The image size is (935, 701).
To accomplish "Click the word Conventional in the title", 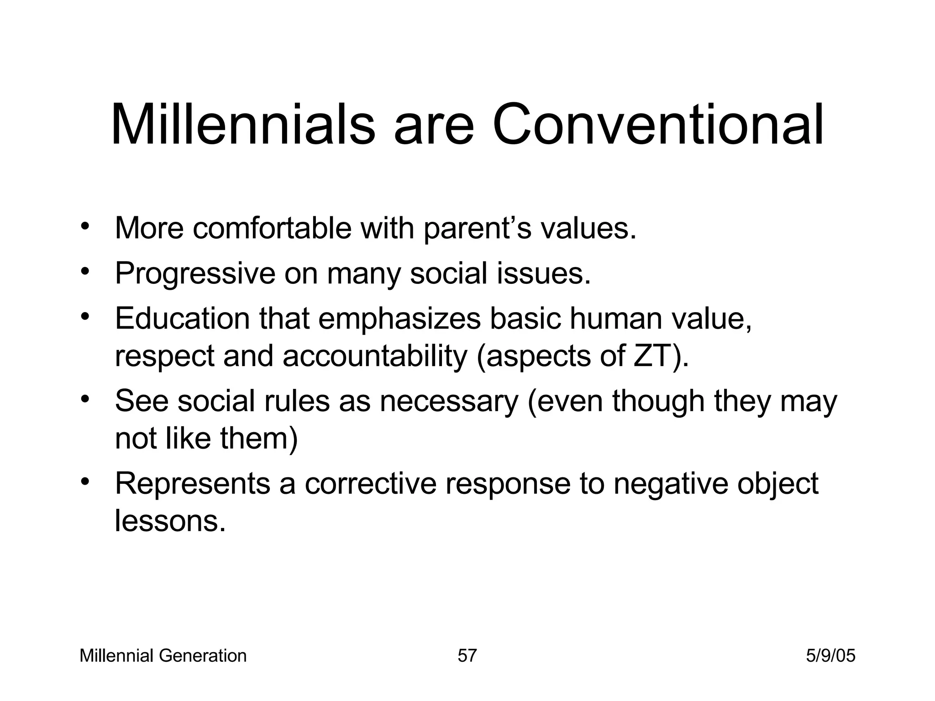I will coord(657,124).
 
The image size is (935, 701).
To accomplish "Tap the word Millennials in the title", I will coord(242,124).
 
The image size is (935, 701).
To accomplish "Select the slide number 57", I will coord(467,656).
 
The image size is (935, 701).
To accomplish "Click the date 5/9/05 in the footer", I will coord(830,656).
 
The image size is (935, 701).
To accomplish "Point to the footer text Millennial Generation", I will coord(163,656).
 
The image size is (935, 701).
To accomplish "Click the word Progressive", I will coord(195,274).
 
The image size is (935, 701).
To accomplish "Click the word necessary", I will coord(449,401).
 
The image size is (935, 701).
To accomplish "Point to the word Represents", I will coord(192,484).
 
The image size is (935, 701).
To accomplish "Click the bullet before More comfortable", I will coord(84,227).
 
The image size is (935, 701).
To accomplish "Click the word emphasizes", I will coord(399,319).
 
